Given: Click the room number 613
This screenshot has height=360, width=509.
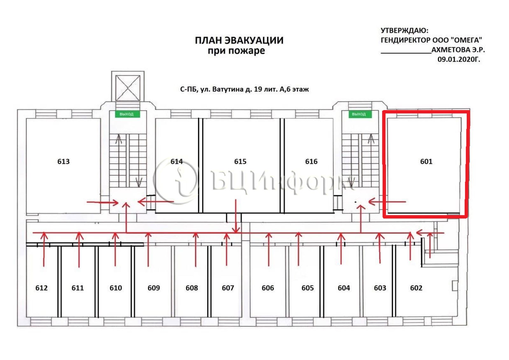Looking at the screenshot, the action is [x=63, y=162].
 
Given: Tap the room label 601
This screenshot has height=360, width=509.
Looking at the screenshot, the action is [x=426, y=162].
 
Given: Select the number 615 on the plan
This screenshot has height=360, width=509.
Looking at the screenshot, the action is [x=240, y=162].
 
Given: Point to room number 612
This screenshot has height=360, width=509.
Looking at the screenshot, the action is [x=41, y=288].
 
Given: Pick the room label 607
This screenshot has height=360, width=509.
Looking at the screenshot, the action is [x=228, y=288].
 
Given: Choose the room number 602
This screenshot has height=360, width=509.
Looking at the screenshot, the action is [x=416, y=288].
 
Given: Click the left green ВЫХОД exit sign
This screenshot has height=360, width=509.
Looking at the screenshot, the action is [x=127, y=114].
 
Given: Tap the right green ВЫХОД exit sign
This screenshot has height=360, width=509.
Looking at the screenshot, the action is [x=360, y=114].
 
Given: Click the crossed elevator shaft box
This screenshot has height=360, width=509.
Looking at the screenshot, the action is [x=128, y=88].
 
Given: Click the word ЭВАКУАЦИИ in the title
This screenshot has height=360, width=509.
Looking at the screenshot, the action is [x=254, y=40].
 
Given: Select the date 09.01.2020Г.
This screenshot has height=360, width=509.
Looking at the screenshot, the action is [x=459, y=59].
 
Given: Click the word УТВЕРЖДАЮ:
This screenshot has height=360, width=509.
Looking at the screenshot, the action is [x=404, y=31].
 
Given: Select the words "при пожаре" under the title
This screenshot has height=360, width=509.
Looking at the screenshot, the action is [x=236, y=51].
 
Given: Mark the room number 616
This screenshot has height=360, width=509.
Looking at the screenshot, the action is [x=311, y=162].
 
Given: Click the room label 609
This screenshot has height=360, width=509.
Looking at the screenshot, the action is [x=154, y=288].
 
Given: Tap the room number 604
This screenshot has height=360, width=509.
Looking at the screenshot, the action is [x=344, y=288].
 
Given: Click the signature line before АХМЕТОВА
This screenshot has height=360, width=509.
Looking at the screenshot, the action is [x=406, y=53].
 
